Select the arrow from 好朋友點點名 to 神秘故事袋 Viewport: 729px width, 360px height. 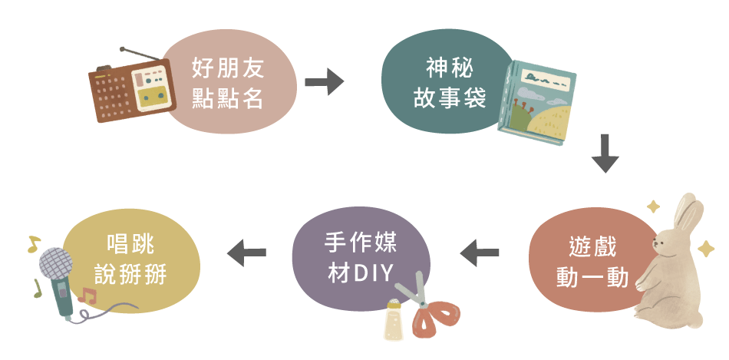pos(324,81)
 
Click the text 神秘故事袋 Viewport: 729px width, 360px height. pos(450,84)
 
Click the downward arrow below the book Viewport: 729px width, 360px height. pos(605,153)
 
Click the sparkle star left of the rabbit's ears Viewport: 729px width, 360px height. pos(654,206)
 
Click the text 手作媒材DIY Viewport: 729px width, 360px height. pos(360,255)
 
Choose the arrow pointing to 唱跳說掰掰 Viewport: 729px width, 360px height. pos(247,251)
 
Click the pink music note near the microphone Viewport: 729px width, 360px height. pos(87,296)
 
